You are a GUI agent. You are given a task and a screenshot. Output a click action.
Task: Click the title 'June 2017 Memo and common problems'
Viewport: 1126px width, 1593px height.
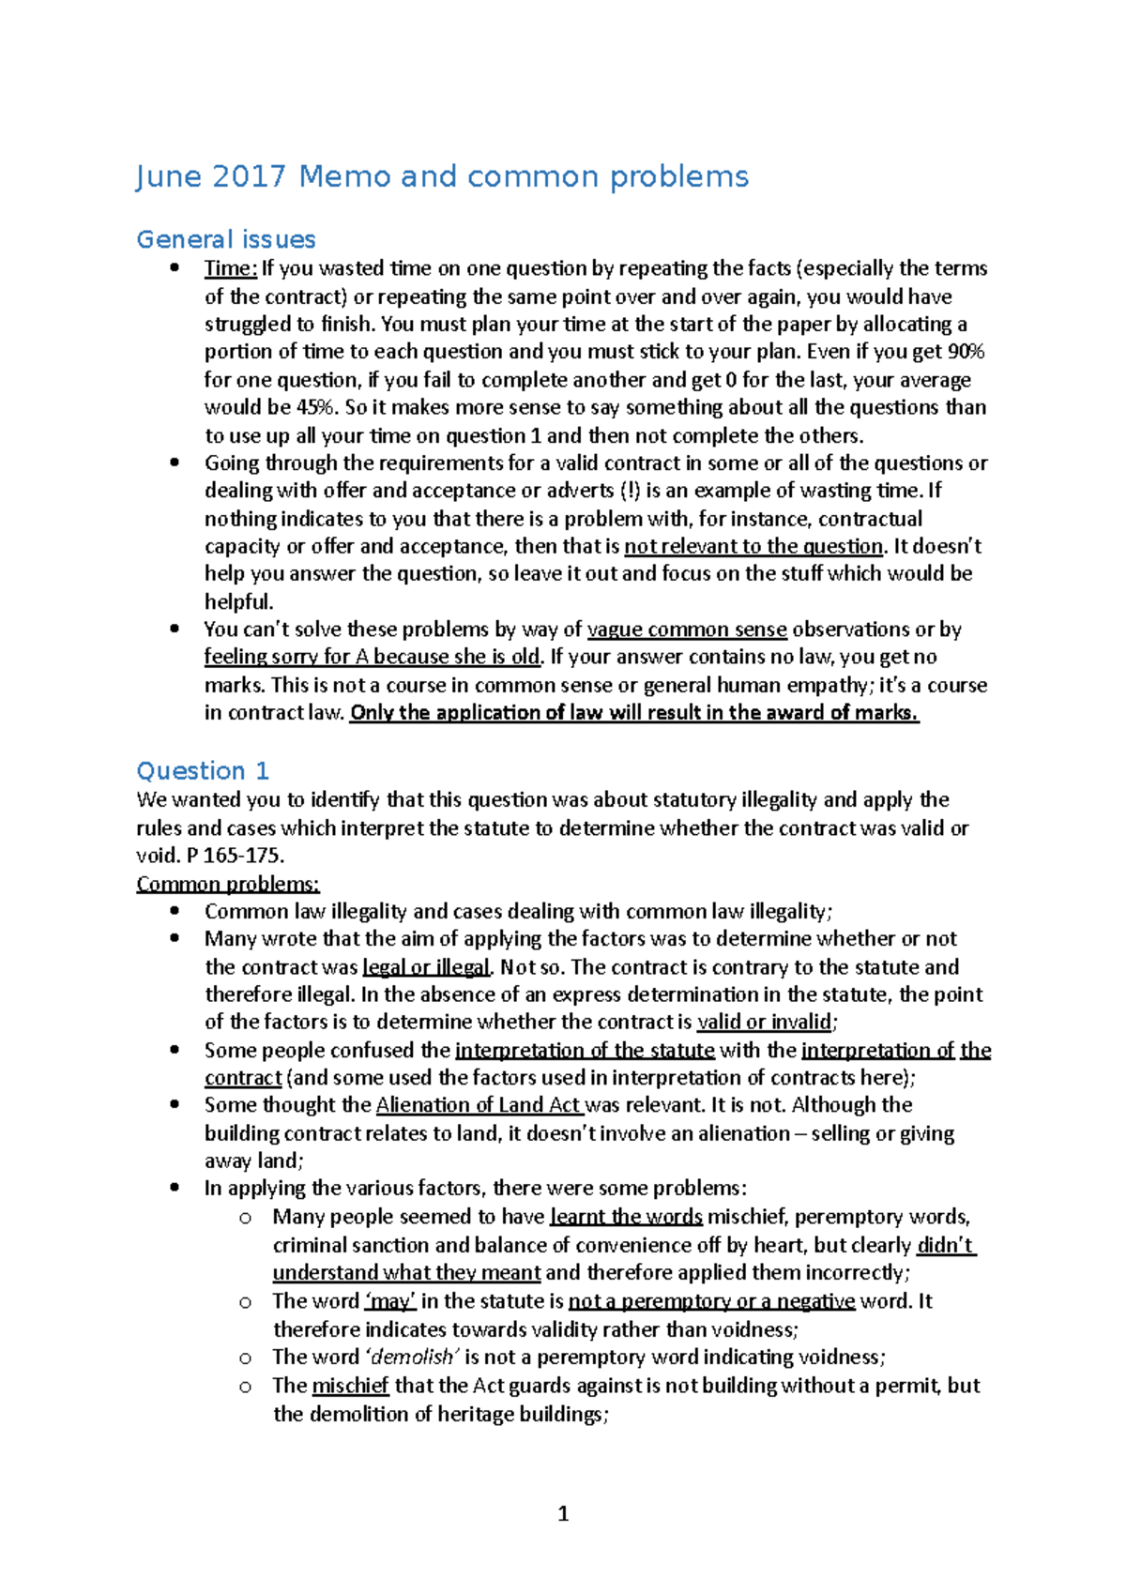tap(442, 176)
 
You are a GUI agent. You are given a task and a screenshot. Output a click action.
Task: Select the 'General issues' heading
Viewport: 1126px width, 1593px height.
tap(226, 239)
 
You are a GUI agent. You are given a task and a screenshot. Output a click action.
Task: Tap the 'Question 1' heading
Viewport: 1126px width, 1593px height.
tap(203, 771)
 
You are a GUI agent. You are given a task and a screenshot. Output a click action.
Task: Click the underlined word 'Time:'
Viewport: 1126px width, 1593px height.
tap(230, 268)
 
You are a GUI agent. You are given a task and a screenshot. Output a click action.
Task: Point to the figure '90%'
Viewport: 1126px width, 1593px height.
tap(966, 352)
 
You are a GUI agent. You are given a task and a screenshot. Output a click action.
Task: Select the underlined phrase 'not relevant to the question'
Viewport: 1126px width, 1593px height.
tap(753, 546)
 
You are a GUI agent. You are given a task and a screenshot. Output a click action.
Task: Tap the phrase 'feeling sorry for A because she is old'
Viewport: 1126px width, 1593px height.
tap(373, 657)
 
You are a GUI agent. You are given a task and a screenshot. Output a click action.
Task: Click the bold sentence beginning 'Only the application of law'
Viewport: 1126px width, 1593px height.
tap(634, 712)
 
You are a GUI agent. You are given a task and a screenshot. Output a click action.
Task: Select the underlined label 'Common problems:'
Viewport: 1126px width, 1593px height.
tap(228, 884)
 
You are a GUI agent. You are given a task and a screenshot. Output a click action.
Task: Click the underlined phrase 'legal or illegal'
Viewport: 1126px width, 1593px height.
tap(427, 967)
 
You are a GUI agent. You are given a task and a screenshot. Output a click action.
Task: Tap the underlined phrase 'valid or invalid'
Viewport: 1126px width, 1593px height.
tap(764, 1022)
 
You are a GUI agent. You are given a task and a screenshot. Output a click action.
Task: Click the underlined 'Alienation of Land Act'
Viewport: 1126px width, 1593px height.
tap(479, 1105)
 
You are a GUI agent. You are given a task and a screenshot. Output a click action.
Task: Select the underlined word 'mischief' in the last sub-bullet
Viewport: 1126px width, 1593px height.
tap(350, 1386)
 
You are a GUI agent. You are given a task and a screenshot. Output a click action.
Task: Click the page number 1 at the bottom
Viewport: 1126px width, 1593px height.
tap(563, 1513)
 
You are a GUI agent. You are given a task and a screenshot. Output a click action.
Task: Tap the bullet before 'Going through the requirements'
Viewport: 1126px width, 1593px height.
tap(175, 463)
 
